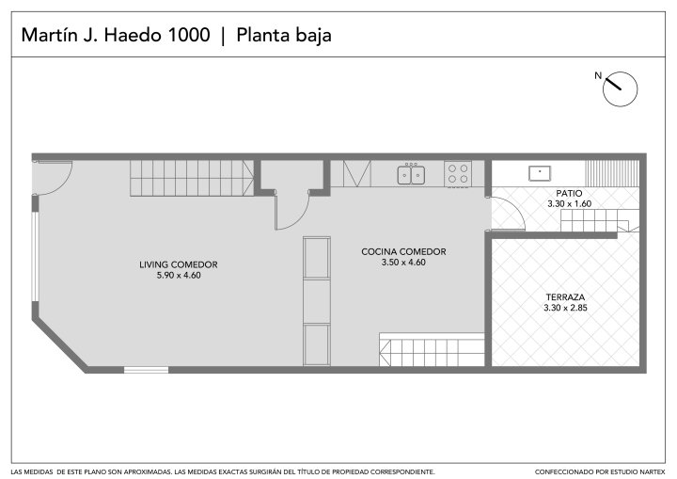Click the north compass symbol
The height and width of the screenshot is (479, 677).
[x=620, y=88]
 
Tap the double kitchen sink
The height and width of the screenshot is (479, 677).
[x=411, y=175]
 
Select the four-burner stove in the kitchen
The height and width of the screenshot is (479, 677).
[x=458, y=174]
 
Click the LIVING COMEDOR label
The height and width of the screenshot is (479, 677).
[x=179, y=264]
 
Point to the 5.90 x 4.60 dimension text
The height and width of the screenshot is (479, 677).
[x=179, y=276]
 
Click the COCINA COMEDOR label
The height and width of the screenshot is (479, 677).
[x=403, y=251]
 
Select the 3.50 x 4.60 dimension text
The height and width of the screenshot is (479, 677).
[x=403, y=263]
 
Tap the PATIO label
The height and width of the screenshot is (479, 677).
[x=569, y=193]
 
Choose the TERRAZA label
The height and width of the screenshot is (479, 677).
[x=565, y=297]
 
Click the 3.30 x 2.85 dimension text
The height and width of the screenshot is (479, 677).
[x=565, y=308]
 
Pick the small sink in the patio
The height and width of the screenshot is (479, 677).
[x=540, y=173]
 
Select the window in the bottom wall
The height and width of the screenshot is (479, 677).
[x=146, y=370]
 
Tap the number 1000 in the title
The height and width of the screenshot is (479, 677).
[x=189, y=35]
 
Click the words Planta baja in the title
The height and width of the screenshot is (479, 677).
[x=284, y=36]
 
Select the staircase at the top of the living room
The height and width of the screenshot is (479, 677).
[x=192, y=178]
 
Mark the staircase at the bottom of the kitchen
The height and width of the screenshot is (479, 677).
[x=432, y=350]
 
